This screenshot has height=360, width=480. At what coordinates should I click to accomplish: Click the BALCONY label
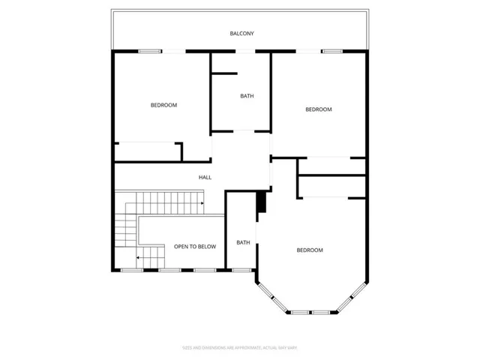coord(242,34)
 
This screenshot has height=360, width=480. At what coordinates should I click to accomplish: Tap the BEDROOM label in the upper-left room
coord(163,105)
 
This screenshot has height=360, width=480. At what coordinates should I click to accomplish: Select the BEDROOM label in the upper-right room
coord(318,109)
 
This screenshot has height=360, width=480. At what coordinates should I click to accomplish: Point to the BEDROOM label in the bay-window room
coord(309,250)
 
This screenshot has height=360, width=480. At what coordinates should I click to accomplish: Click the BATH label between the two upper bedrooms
coord(247,96)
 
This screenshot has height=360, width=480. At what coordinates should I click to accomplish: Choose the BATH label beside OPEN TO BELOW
coord(243,242)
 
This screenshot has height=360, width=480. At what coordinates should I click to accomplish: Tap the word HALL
coord(205,178)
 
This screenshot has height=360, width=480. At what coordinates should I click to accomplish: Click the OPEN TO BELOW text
coord(195,247)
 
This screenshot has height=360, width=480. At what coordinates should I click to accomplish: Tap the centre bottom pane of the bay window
coord(310,311)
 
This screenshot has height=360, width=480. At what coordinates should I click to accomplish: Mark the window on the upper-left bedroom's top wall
coord(149,51)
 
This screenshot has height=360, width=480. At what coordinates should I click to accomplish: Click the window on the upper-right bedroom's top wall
coord(332,51)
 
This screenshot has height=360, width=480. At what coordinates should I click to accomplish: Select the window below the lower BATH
coord(241,270)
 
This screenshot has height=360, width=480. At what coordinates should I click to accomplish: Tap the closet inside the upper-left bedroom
coord(147,151)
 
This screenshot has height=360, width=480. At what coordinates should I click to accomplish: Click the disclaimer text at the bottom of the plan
coord(241,347)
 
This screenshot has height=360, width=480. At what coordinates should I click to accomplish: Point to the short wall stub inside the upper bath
coord(223,73)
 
